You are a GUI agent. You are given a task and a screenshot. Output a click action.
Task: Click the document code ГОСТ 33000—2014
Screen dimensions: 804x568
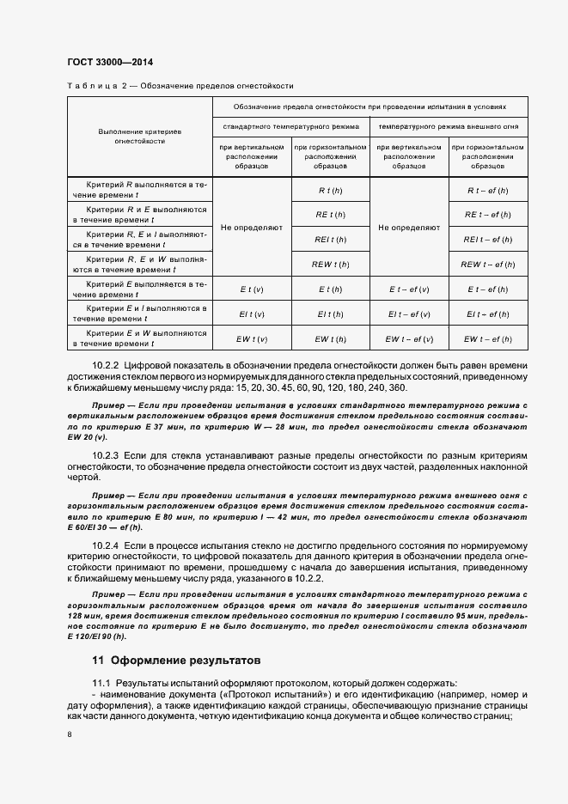click(109, 62)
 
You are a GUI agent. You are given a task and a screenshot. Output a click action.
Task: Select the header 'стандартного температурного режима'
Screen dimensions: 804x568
click(290, 126)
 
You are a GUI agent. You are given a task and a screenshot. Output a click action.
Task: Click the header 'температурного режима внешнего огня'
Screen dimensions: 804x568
click(449, 126)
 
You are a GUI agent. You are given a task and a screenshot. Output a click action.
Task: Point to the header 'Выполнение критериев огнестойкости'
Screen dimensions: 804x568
click(139, 136)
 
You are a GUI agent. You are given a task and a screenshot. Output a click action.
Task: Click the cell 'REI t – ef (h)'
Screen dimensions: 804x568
click(488, 239)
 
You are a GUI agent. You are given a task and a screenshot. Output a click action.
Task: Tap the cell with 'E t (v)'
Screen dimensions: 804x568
click(252, 289)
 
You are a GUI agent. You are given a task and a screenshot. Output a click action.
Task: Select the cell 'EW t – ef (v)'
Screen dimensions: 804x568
click(409, 339)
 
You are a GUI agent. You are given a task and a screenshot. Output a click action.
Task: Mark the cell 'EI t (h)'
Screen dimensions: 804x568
click(331, 314)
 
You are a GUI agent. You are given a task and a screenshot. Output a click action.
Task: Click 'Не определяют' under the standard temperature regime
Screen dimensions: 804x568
click(252, 228)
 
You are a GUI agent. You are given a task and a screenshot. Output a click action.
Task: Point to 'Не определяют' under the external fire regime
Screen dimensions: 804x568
click(409, 228)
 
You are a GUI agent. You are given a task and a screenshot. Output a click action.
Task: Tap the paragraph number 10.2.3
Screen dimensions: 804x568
click(107, 454)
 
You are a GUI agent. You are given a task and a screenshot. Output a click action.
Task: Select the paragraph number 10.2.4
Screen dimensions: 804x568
click(107, 545)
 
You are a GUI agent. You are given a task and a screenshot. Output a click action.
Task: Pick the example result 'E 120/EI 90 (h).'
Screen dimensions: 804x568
click(96, 636)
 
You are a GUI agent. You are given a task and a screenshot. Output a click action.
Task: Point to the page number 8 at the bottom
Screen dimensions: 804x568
click(69, 734)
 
